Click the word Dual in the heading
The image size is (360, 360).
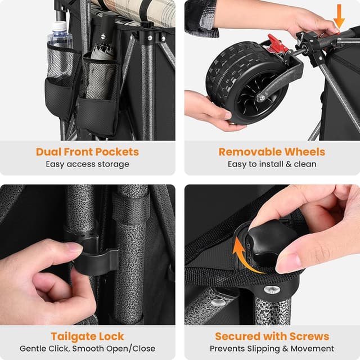coord(48,152)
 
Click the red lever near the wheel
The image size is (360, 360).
coord(277,43)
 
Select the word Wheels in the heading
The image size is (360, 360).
coord(305,152)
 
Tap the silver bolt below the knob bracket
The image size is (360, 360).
coord(272,290)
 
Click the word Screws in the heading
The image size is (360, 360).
coord(309,336)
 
